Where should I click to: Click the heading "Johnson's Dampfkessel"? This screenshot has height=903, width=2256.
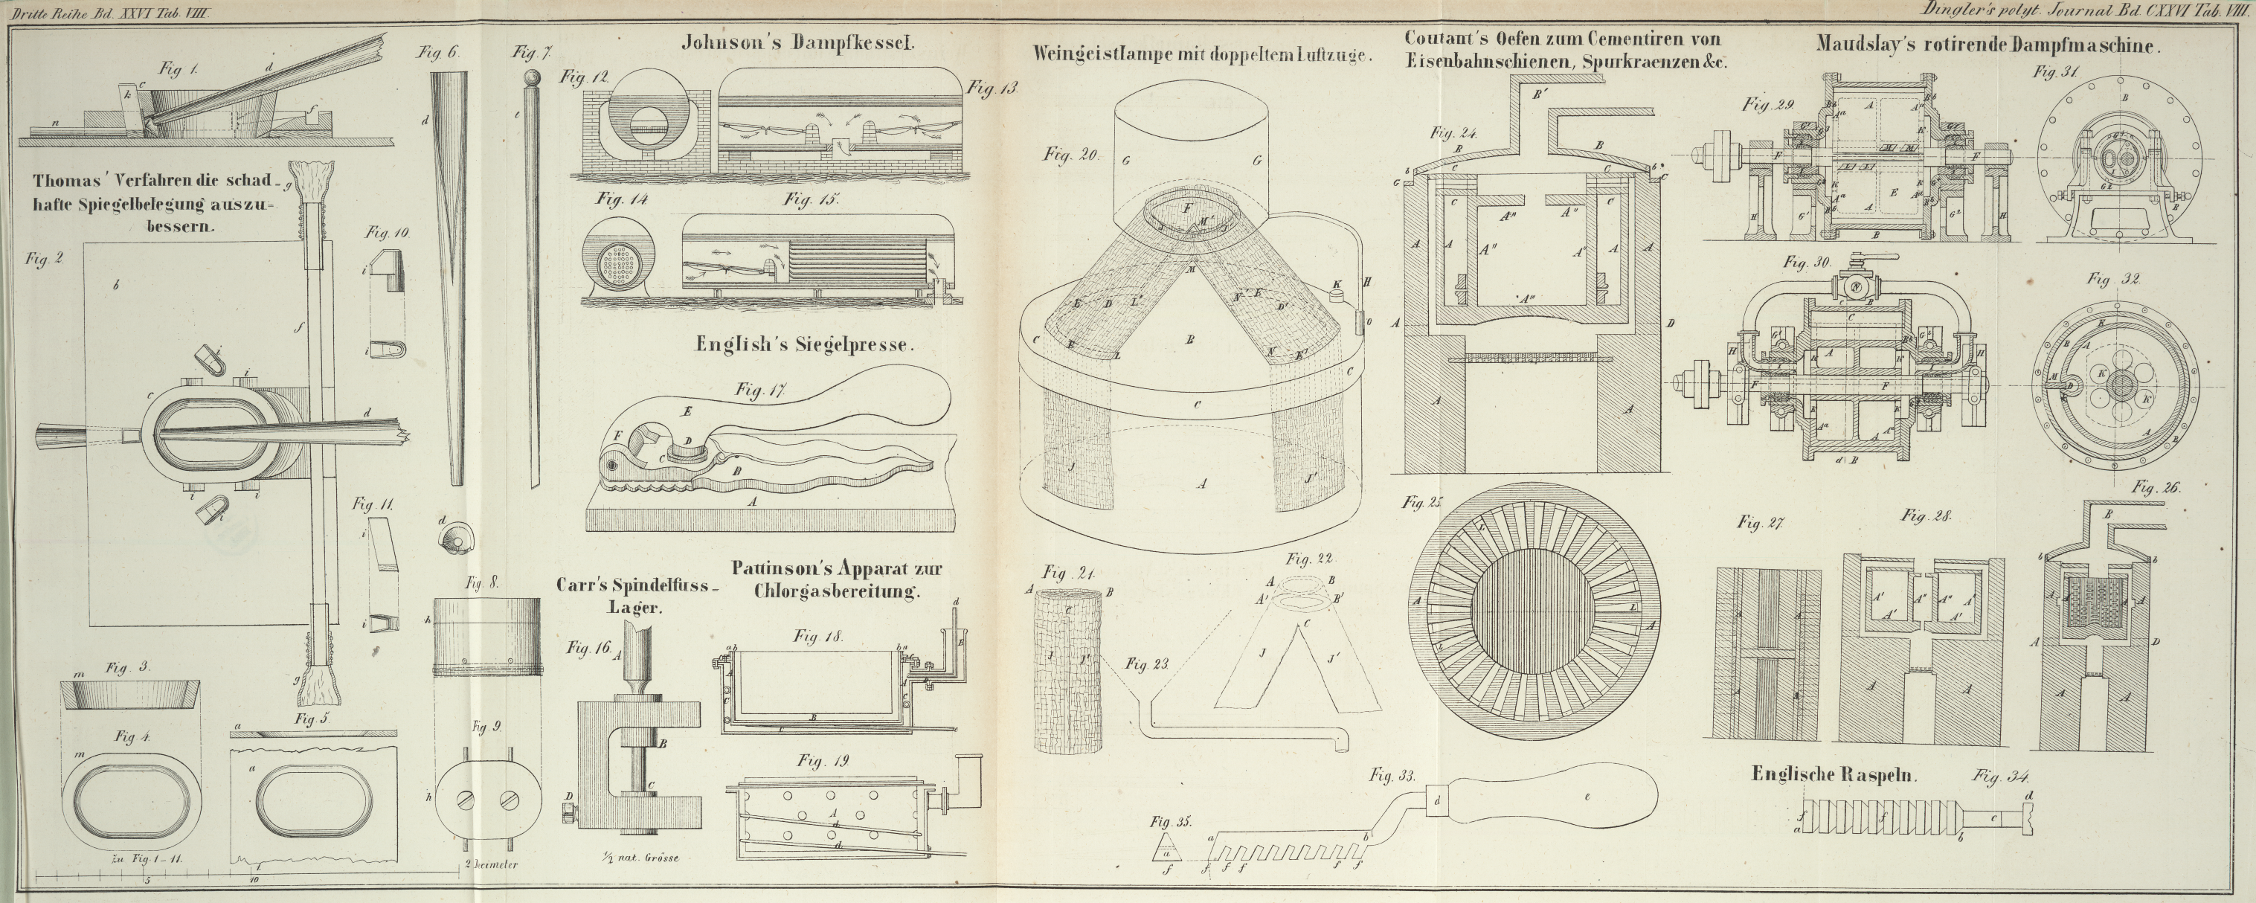pos(798,40)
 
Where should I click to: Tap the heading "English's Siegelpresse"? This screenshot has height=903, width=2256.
pos(804,345)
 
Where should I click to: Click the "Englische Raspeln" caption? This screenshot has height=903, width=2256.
pos(1834,774)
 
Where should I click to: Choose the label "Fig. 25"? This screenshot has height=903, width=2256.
pos(1421,504)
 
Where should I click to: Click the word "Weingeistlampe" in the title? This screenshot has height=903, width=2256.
pos(1110,53)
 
